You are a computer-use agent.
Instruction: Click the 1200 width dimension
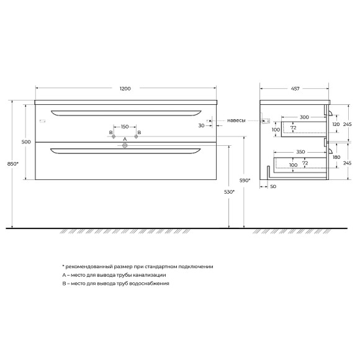tap(125, 89)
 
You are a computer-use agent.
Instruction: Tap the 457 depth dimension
tap(295, 89)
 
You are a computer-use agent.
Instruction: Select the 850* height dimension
tap(12, 164)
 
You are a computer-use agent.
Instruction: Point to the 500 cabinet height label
tap(26, 142)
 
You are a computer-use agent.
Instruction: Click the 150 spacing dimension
tap(125, 127)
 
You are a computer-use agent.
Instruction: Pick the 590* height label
tap(245, 181)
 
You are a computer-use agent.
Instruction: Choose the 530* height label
tap(230, 192)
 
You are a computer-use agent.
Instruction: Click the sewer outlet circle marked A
tap(125, 145)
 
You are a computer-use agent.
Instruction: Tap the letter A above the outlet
tap(125, 140)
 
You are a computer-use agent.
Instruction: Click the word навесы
tap(236, 120)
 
